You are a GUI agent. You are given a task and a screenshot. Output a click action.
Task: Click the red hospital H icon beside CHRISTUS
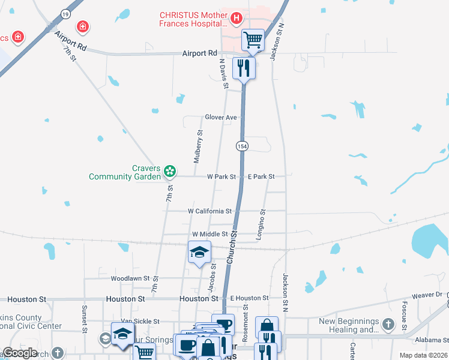(236, 19)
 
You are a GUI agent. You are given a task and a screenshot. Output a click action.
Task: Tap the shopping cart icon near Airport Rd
(253, 40)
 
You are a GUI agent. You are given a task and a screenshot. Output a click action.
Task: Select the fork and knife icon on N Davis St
(244, 67)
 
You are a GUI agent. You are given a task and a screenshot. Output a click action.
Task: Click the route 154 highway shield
(241, 146)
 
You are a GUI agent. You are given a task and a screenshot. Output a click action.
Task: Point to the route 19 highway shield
(65, 13)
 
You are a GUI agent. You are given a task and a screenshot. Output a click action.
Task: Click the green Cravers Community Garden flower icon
(170, 172)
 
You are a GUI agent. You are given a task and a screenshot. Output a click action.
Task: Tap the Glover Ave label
(221, 118)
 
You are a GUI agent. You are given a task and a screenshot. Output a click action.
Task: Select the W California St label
(209, 211)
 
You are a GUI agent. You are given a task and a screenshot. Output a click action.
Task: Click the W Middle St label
(209, 234)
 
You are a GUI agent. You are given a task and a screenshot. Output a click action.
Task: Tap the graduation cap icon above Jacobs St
(199, 253)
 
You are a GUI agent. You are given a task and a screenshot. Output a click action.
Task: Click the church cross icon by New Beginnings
(388, 325)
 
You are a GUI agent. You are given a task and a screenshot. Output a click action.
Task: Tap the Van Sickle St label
(140, 322)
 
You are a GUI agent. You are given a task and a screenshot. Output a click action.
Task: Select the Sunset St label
(84, 321)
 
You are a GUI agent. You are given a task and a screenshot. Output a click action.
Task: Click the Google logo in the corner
(20, 353)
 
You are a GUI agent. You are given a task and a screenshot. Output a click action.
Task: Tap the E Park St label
(261, 177)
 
